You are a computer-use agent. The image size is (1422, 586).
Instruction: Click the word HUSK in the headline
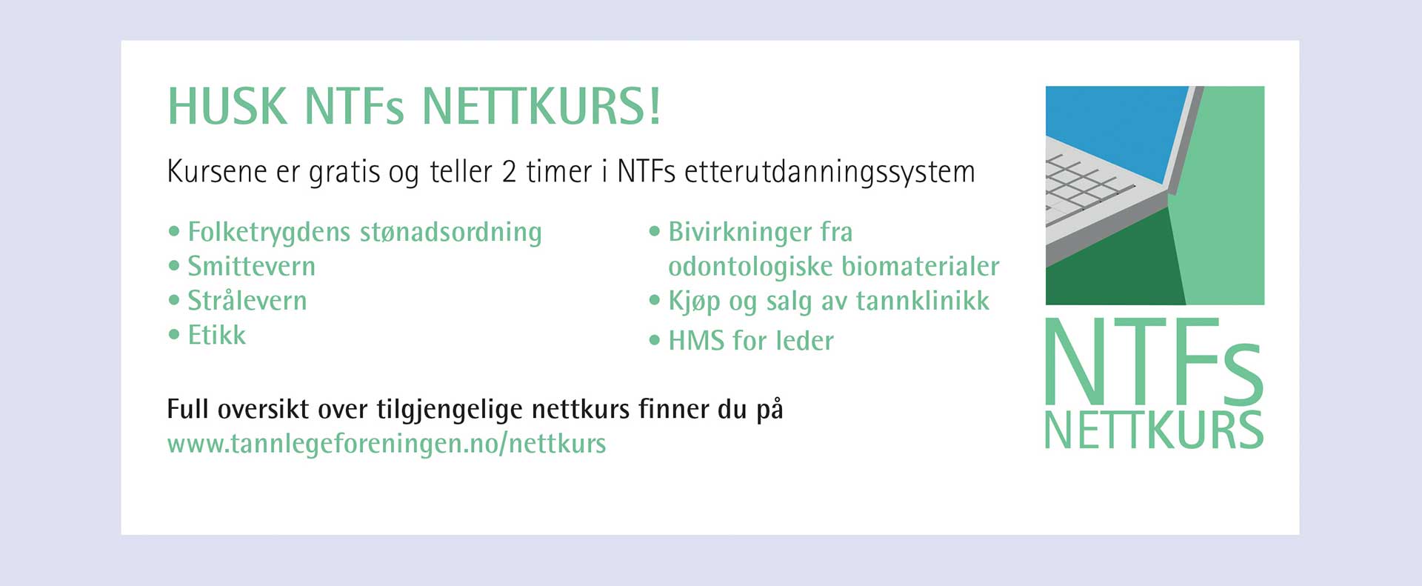tap(227, 107)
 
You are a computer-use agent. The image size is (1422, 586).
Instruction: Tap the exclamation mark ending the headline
tap(654, 107)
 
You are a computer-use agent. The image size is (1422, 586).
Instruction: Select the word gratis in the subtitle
tap(344, 173)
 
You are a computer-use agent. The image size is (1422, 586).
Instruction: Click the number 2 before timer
tap(509, 171)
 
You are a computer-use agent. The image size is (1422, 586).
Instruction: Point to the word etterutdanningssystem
tap(829, 173)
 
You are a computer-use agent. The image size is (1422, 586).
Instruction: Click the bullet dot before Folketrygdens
tap(174, 231)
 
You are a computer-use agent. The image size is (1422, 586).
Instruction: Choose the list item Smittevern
tap(252, 266)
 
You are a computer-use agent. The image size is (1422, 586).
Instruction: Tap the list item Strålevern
tap(247, 300)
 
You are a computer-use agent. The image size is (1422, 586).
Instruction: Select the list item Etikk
tap(216, 335)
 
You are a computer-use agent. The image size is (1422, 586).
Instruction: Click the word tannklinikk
tap(923, 301)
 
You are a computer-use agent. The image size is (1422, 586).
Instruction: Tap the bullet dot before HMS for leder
tap(654, 341)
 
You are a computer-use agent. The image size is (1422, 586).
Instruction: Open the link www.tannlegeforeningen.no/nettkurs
tap(387, 444)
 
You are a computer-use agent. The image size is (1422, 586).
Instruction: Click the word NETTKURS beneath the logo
tap(1153, 430)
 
